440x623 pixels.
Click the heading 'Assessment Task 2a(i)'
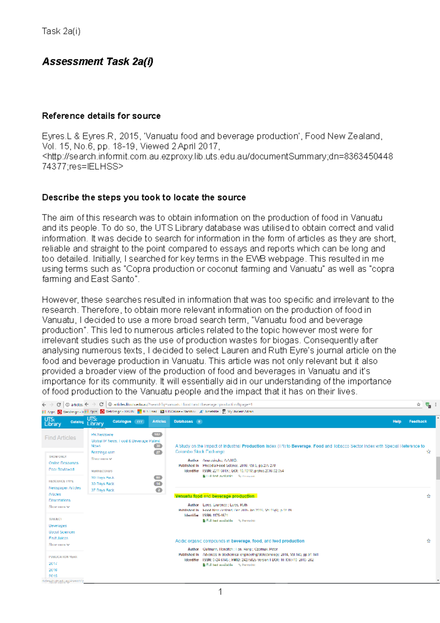point(98,61)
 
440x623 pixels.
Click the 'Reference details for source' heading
point(101,116)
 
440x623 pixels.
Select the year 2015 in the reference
point(128,136)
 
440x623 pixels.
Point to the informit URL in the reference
point(217,157)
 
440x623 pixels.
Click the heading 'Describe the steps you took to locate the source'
point(144,197)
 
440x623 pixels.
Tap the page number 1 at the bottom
point(220,591)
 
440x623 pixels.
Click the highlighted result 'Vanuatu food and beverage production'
point(215,496)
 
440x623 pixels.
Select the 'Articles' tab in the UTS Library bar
point(159,422)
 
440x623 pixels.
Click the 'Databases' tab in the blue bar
point(183,422)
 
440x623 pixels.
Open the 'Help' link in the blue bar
point(397,422)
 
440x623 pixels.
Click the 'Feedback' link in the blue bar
point(418,422)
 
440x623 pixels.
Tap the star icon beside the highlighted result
point(428,496)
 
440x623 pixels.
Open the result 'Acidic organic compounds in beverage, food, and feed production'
point(239,541)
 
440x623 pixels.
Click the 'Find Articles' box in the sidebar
point(60,438)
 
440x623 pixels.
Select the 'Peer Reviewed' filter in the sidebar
point(61,469)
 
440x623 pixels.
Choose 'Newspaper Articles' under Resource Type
point(65,488)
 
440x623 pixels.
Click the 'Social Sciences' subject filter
point(62,532)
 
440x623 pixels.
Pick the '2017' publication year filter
point(53,564)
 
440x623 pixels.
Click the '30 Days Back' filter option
point(103,484)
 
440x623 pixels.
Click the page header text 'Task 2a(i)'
point(61,31)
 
